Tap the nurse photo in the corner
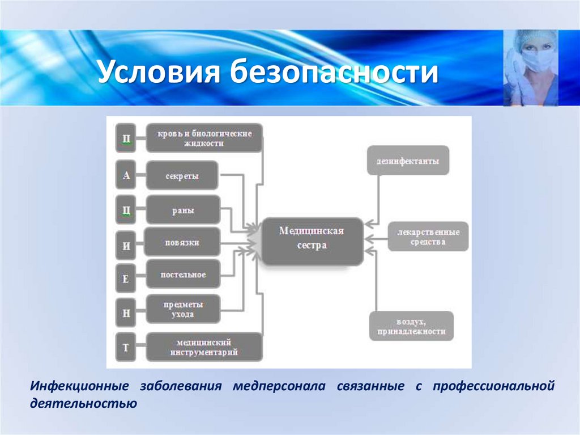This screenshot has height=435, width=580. pos(530,67)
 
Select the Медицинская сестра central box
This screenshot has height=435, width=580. pos(312,240)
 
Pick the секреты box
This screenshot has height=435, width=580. pos(182,176)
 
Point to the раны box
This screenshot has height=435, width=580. pos(182,210)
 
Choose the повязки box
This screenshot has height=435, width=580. pos(182,243)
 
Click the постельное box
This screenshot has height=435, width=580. pos(183,274)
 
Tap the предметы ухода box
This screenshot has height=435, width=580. pos(183,309)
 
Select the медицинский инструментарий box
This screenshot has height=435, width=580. pos(204,347)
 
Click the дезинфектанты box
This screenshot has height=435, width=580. pos(407,161)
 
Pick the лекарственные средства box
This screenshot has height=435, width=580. pos(428,237)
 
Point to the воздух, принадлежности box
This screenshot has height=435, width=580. pos(412,326)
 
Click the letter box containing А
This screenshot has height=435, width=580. pos(126,175)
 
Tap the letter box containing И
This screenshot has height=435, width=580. pos(126,246)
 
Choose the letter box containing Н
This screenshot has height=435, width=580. pos(126,311)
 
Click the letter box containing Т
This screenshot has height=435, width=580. pos(126,347)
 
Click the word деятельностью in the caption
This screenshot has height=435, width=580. pos(83,405)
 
